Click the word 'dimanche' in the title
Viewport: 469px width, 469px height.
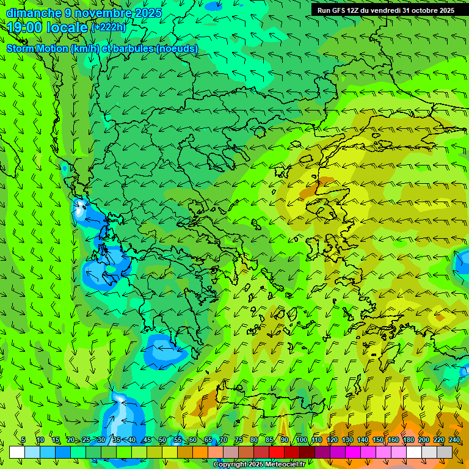pyautogui.click(x=33, y=13)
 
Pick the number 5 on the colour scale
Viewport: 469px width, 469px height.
pyautogui.click(x=23, y=440)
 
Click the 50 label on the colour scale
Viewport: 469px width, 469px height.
pyautogui.click(x=162, y=440)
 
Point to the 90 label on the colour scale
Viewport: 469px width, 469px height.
pyautogui.click(x=285, y=440)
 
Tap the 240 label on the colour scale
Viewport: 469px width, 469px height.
pyautogui.click(x=454, y=440)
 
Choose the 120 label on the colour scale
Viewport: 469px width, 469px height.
pyautogui.click(x=332, y=440)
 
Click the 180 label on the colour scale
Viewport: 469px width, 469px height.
pyautogui.click(x=409, y=440)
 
